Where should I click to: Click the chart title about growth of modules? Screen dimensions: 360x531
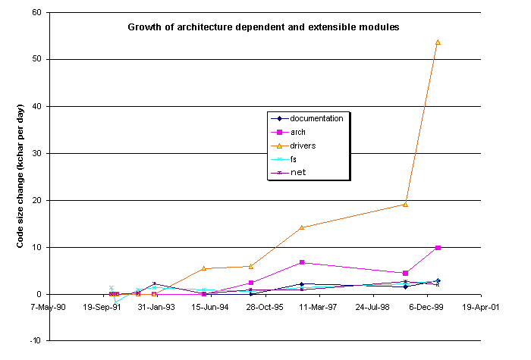pyautogui.click(x=262, y=27)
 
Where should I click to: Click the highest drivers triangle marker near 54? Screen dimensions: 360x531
pyautogui.click(x=438, y=42)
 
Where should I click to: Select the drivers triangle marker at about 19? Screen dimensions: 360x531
pyautogui.click(x=406, y=204)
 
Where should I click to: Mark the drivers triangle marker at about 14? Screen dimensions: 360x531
pyautogui.click(x=302, y=227)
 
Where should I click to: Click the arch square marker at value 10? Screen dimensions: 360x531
pyautogui.click(x=438, y=247)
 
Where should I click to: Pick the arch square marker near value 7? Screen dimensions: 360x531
pyautogui.click(x=302, y=262)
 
